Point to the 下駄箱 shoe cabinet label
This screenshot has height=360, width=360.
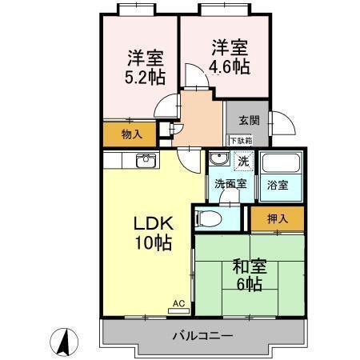click(241, 141)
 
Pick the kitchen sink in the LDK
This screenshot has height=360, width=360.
click(146, 162)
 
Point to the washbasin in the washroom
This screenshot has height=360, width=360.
click(218, 160)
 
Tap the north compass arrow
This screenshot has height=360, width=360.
click(62, 342)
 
